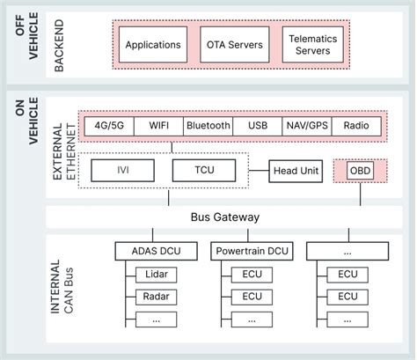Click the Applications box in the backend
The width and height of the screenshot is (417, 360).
153,44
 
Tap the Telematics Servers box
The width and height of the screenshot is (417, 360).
312,44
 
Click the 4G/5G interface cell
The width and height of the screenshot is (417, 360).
107,127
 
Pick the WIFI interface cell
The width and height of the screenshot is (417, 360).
158,127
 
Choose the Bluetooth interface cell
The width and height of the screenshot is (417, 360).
208,127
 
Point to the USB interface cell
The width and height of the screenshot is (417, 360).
258,127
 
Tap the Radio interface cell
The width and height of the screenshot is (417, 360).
356,127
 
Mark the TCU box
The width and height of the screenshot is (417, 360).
204,170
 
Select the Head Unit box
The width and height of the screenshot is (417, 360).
295,171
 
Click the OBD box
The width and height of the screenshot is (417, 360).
360,170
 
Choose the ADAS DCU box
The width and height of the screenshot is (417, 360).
156,252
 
